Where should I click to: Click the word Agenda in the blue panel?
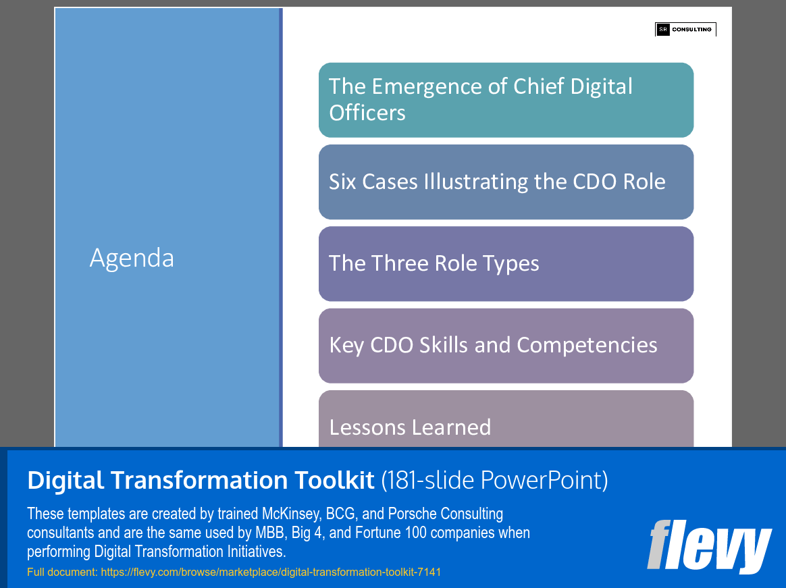[x=132, y=258]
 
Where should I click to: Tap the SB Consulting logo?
[x=685, y=30]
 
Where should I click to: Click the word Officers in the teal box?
[x=367, y=112]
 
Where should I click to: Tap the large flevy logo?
[x=708, y=546]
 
